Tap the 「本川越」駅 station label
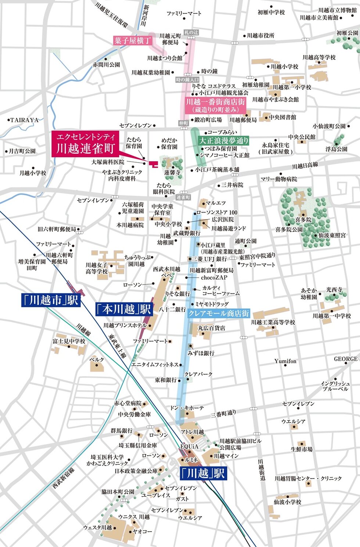(x=124, y=309)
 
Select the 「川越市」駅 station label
(x=50, y=300)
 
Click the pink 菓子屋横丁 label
(x=132, y=40)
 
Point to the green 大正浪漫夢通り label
(x=223, y=141)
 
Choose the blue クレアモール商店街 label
(x=218, y=314)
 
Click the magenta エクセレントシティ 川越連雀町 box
(x=85, y=144)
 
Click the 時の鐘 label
(x=209, y=71)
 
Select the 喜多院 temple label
(x=303, y=220)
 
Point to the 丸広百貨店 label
(x=212, y=328)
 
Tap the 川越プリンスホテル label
(x=125, y=325)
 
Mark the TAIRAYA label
(x=24, y=120)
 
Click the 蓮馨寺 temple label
(x=172, y=172)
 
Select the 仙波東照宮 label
(x=332, y=235)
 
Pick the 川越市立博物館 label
(x=338, y=10)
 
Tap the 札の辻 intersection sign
(x=191, y=32)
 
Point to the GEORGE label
(x=345, y=359)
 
